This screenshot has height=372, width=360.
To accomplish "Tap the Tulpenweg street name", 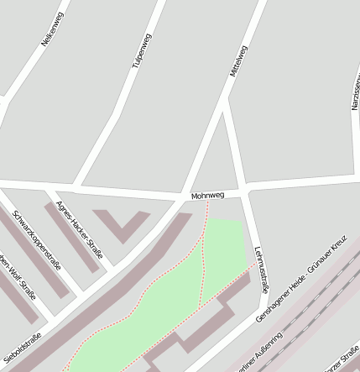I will pyautogui.click(x=143, y=62).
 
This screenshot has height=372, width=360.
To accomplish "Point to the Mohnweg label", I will pyautogui.click(x=207, y=196).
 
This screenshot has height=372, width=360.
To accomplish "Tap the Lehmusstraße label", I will pyautogui.click(x=260, y=269).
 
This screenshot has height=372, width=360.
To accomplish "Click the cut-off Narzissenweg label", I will pyautogui.click(x=354, y=92).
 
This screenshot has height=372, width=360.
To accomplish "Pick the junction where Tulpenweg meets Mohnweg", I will pyautogui.click(x=77, y=186).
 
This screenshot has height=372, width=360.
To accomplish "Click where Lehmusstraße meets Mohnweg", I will pyautogui.click(x=245, y=192).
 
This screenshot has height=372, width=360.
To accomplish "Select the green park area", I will pyautogui.click(x=168, y=294).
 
